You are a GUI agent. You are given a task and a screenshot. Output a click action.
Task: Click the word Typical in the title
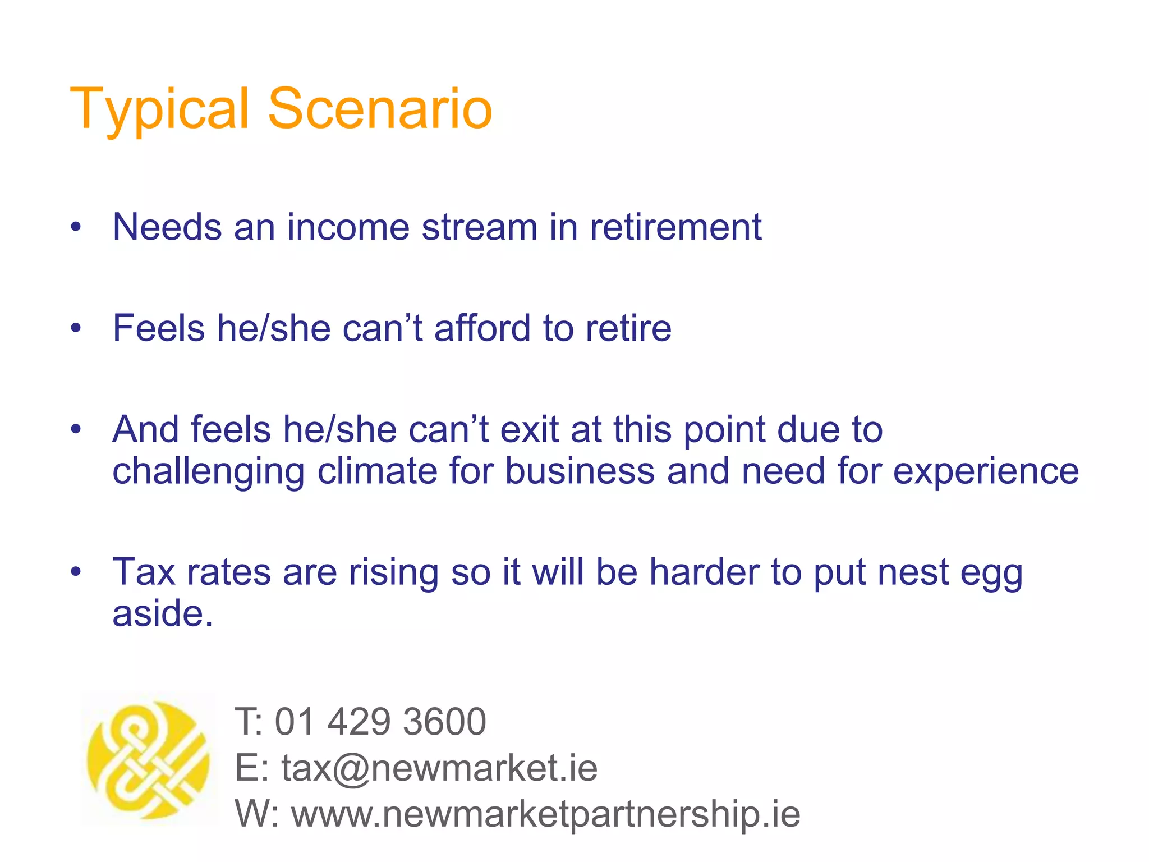click(x=159, y=109)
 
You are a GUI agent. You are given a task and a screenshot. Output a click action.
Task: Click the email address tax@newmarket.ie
click(x=439, y=768)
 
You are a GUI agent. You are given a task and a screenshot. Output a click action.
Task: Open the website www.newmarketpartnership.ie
click(x=545, y=814)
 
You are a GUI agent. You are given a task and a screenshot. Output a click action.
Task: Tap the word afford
click(x=482, y=328)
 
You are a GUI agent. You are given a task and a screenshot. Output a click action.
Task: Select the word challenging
click(x=208, y=471)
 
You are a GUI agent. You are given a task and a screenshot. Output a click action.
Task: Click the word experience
click(x=985, y=471)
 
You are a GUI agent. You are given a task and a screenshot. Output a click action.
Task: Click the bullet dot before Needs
click(x=76, y=228)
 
